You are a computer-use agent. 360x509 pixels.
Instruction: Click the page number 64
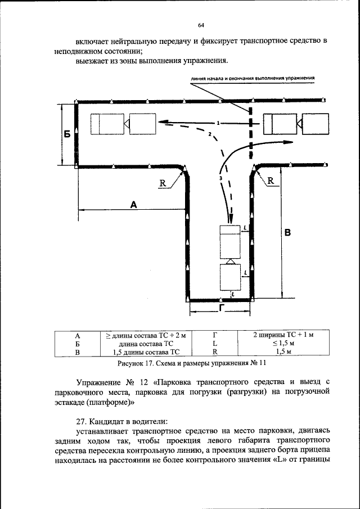coord(201,25)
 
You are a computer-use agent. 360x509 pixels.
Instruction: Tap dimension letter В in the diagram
coord(287,232)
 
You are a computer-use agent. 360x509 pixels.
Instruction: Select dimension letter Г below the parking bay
coord(222,309)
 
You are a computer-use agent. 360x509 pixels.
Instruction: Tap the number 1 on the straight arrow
coord(218,122)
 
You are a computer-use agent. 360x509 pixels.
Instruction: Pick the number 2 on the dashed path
coord(209,135)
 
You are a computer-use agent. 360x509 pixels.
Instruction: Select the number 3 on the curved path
coord(221,178)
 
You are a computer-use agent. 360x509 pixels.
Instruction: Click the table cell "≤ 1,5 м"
coord(283,343)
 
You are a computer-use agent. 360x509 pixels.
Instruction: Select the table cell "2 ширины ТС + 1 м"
coord(283,335)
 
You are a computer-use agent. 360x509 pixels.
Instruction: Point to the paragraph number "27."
coord(82,421)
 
